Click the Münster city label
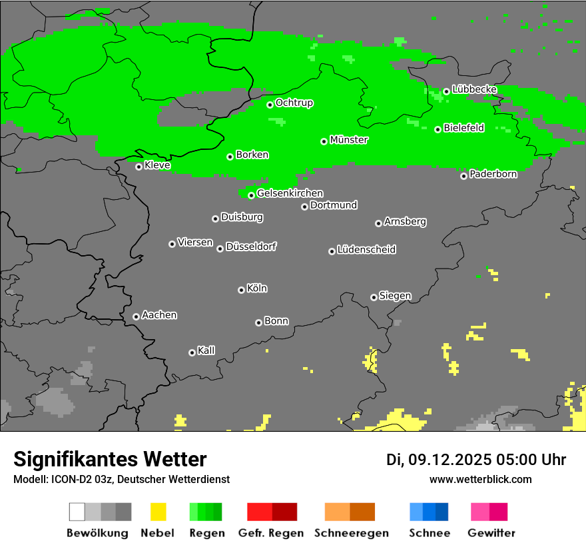coord(349,140)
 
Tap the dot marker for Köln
coord(241,290)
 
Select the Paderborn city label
coord(493,174)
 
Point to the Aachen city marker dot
coord(136,316)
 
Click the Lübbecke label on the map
coord(474,89)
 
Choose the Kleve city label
coord(157,165)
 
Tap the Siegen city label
coord(395,296)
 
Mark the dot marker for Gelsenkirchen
coord(251,195)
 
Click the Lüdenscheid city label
coord(366,250)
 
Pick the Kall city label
coord(206,350)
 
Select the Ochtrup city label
coord(294,103)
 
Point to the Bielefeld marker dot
coord(438,129)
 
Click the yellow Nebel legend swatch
coord(158,512)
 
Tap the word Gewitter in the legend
coord(491,533)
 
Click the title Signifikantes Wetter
coord(110,459)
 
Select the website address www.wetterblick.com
coord(481,479)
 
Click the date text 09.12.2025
coord(450,460)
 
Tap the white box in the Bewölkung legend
coord(77,512)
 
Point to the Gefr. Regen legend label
coord(271,533)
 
